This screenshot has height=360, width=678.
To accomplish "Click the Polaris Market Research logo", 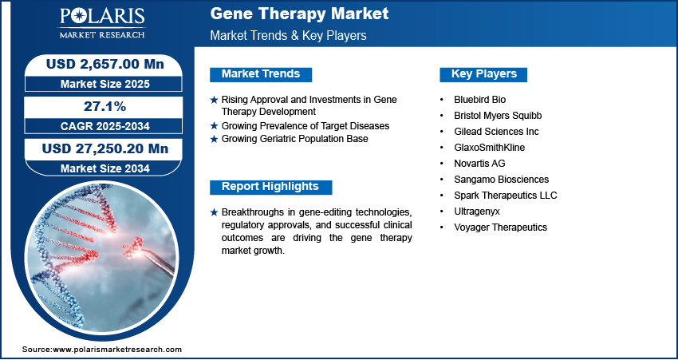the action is (102, 23).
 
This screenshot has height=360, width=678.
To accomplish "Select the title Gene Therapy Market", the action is (299, 14).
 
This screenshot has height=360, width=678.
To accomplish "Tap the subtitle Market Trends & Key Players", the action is (288, 35).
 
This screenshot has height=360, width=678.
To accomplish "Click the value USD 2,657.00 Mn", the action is (105, 64).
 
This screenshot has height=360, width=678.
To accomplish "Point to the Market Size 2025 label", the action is (105, 84).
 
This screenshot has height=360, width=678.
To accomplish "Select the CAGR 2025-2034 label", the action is (105, 126).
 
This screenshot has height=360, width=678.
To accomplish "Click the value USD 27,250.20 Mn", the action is (105, 148).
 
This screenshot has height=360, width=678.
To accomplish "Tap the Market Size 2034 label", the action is (105, 168).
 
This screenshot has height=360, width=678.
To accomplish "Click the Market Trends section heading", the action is (261, 74).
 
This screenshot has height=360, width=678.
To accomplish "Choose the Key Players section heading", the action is (484, 74).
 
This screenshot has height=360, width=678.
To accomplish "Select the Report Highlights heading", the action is (270, 187).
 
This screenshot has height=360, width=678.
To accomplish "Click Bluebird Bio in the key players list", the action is (479, 100).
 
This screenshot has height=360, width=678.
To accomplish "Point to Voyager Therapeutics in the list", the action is (500, 227).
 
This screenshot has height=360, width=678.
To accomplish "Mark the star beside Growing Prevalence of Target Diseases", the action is (214, 126).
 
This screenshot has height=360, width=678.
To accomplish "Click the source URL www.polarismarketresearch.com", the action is (117, 350).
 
